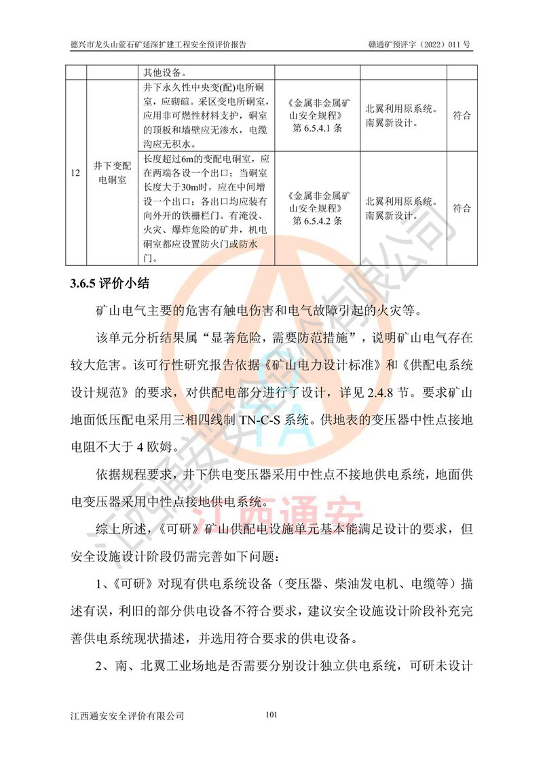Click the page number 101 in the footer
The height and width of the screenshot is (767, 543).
[271, 714]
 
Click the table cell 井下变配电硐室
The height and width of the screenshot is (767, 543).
[112, 173]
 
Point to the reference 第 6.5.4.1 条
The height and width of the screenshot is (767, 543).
[318, 127]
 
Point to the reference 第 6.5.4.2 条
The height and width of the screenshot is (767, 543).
[318, 220]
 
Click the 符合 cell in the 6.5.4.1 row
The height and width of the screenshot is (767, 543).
[462, 115]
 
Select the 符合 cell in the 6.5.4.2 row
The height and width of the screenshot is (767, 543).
[462, 208]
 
